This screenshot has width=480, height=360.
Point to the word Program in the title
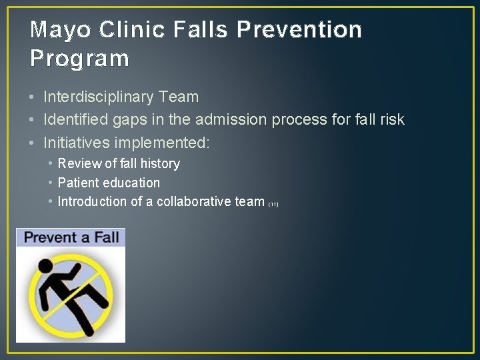(79, 59)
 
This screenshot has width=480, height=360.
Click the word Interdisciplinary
(99, 97)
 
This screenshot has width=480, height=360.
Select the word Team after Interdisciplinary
(179, 97)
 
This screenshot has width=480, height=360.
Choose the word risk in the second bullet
(391, 120)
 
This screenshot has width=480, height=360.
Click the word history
(160, 164)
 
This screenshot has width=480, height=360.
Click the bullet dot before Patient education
(51, 183)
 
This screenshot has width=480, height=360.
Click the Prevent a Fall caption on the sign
(71, 237)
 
